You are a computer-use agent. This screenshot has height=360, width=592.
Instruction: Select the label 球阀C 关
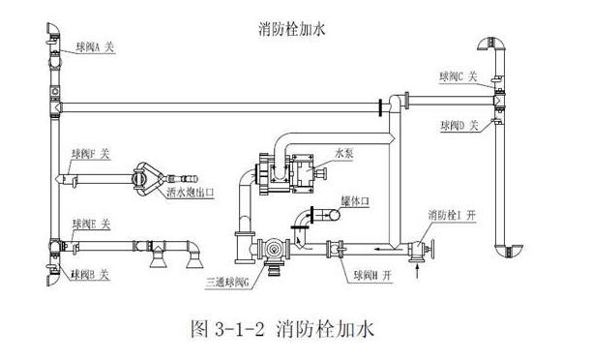(x=456, y=76)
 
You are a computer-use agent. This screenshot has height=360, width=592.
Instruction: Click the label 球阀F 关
(x=91, y=154)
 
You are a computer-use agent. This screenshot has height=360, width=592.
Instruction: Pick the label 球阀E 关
(x=92, y=225)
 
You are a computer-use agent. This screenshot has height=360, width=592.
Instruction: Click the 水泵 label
(x=346, y=152)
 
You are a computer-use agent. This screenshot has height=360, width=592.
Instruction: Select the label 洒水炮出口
(x=190, y=193)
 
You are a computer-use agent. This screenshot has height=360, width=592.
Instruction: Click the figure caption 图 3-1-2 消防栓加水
(x=296, y=327)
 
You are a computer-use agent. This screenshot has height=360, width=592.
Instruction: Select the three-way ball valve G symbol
(x=277, y=250)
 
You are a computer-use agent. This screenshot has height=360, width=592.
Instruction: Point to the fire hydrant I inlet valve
(x=418, y=250)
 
